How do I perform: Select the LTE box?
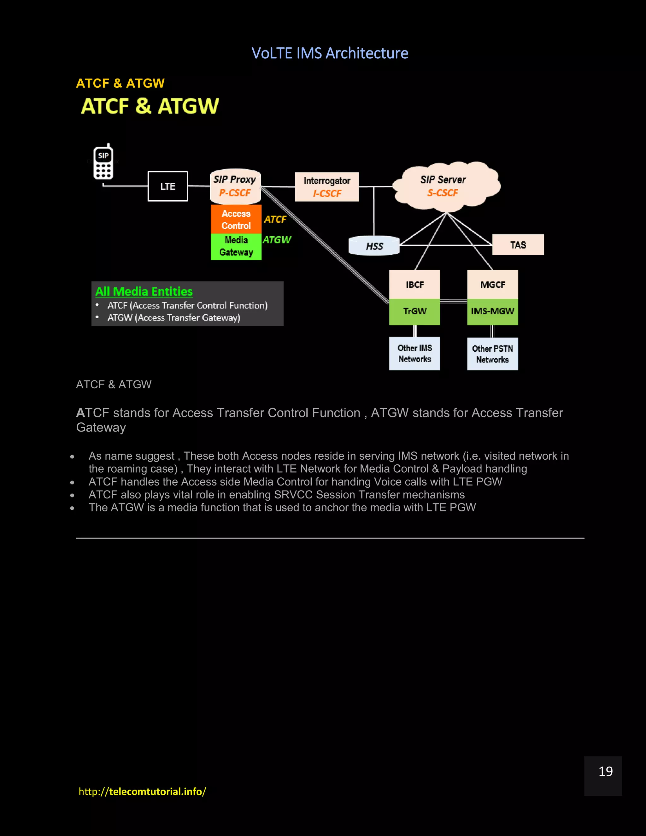(x=167, y=186)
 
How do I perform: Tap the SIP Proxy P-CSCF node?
(x=235, y=186)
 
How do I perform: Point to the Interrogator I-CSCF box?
(x=327, y=187)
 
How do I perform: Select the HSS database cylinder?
(x=374, y=246)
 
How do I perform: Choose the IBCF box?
(x=414, y=285)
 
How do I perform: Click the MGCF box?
(x=492, y=285)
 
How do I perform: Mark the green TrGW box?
(x=414, y=311)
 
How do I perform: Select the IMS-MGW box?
(x=492, y=311)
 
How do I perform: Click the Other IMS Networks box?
(x=414, y=353)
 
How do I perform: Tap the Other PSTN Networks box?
(x=492, y=354)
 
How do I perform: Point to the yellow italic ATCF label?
(x=275, y=219)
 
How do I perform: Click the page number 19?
(x=605, y=771)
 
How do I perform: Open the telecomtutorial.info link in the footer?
(x=142, y=792)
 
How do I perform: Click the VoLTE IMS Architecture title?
(x=330, y=53)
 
